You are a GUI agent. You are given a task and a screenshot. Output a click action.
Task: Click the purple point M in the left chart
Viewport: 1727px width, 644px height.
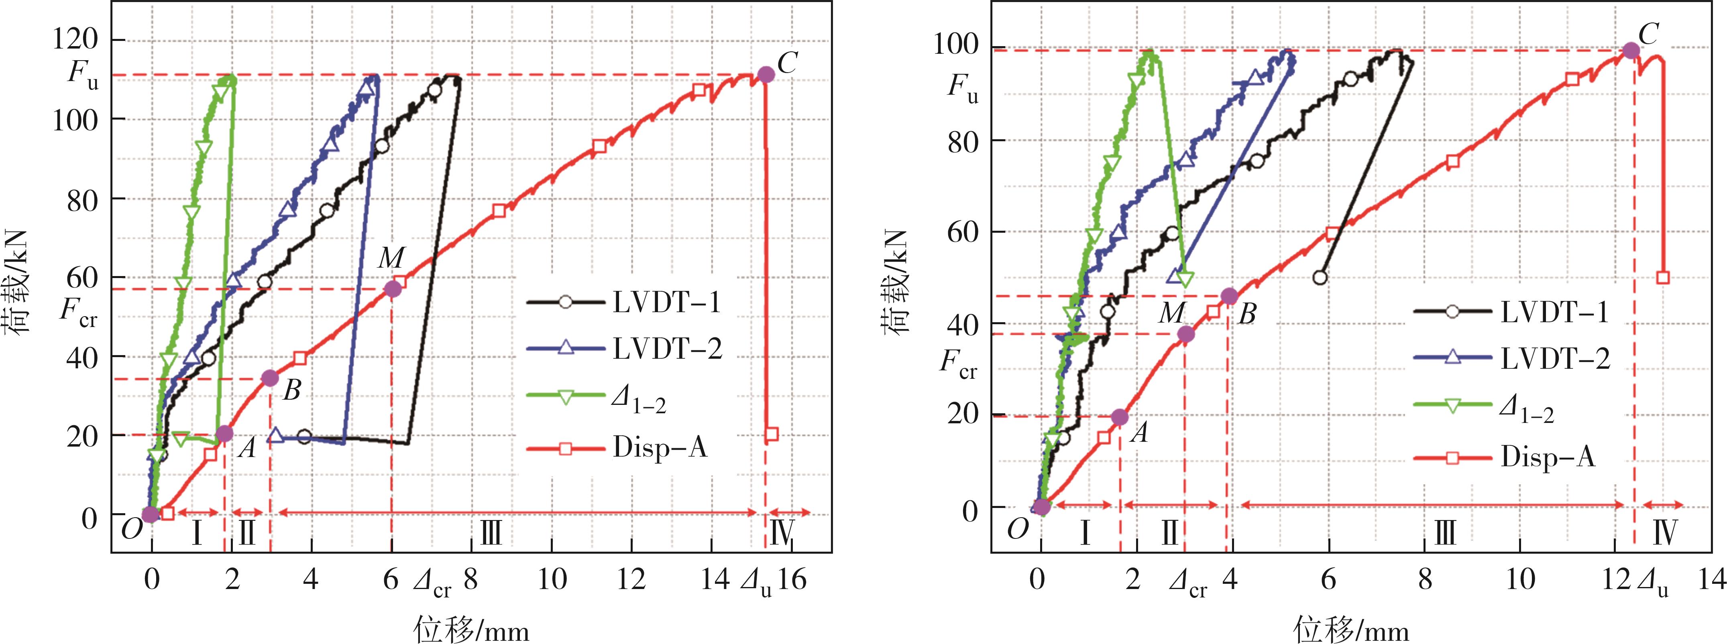pos(393,289)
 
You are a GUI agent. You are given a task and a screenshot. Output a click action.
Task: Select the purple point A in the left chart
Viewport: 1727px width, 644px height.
pos(224,434)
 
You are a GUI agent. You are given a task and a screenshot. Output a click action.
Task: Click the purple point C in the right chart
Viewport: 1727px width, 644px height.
pos(1631,50)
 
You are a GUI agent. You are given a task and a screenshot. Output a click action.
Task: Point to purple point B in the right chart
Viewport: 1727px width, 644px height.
pos(1229,296)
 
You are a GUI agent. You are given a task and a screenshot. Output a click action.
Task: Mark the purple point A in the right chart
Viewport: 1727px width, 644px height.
pos(1120,417)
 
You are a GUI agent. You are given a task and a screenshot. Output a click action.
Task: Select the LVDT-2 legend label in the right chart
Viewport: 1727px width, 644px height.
pos(1555,359)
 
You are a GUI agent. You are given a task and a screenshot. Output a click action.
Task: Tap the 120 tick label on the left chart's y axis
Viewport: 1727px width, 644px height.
pos(75,40)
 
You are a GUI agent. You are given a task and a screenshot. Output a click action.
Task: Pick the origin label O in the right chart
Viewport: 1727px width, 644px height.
pos(1018,529)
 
